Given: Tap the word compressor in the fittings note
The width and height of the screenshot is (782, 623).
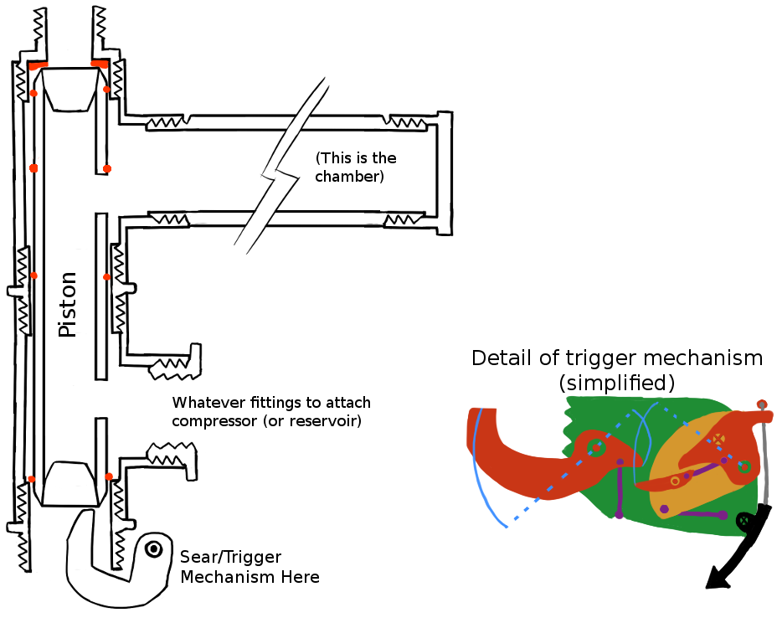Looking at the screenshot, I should coord(214,420).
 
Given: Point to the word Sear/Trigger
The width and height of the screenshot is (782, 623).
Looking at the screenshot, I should coord(231,558).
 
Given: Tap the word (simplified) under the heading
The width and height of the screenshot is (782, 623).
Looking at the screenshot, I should coord(617,384).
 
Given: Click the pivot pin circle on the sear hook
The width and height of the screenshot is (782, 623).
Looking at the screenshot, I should coord(153,549).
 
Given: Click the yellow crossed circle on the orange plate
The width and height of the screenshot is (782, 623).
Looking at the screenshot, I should coord(718,440).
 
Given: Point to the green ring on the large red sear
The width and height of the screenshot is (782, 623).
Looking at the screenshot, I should coord(595,447).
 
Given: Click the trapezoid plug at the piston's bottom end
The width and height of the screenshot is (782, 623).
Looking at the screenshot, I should coord(69,484).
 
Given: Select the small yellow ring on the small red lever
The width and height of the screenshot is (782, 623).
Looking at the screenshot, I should coord(675,481).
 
